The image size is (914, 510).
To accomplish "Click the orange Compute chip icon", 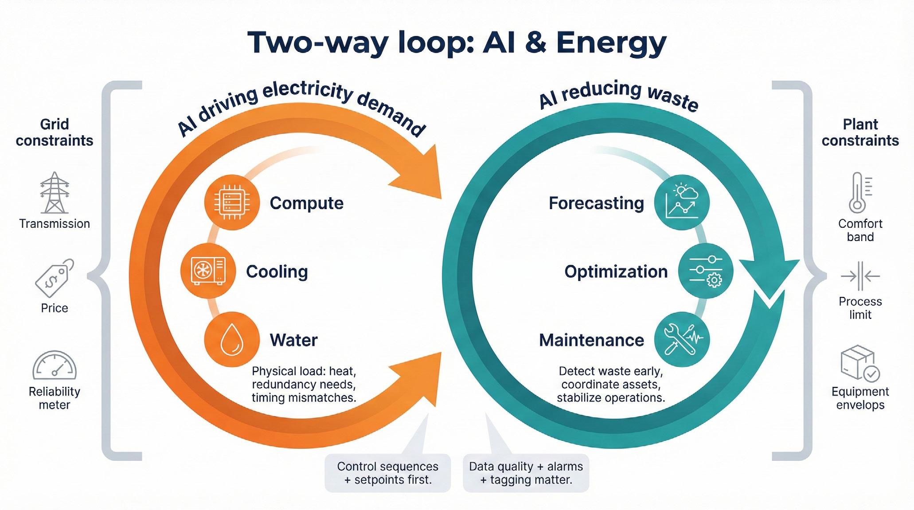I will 231,202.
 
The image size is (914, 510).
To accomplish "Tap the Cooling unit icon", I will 208,270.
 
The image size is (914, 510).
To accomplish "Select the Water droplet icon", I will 231,339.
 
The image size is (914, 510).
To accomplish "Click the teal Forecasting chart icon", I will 682,202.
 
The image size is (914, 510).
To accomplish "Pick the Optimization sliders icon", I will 706,271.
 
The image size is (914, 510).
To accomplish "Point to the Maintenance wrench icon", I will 682,339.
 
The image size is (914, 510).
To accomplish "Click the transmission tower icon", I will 55,193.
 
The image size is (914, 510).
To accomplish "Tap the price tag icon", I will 54,278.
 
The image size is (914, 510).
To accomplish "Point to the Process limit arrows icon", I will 860,276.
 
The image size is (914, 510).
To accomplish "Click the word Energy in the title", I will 611,43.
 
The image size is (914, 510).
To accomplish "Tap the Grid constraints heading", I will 55,132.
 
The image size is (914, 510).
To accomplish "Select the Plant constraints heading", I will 860,132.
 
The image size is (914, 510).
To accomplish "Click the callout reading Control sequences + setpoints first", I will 387,473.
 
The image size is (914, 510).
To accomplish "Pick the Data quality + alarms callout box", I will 526,473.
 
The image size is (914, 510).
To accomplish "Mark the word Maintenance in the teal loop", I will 591,340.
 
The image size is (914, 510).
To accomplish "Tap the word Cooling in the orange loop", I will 277,272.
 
